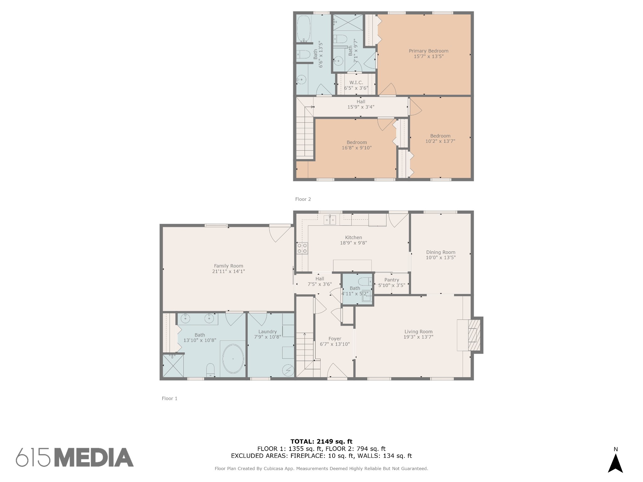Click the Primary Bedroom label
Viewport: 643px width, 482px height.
tap(428, 51)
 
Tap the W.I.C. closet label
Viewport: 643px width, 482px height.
tap(356, 83)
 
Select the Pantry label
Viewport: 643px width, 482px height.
tap(392, 280)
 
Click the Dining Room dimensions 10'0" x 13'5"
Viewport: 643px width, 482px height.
tap(440, 258)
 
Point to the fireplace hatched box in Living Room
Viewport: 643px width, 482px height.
tap(474, 335)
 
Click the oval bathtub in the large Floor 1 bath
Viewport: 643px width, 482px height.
tap(233, 359)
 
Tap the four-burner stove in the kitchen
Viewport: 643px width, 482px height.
tap(302, 248)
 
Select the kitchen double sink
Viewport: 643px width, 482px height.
tap(330, 220)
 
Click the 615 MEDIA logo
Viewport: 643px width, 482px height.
tap(75, 457)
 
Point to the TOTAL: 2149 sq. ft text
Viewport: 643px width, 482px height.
tap(321, 442)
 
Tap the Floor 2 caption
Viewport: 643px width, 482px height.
tap(303, 199)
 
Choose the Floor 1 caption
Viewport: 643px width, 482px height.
tap(170, 398)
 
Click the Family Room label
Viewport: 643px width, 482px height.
tap(229, 266)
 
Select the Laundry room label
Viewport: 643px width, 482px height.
tap(267, 331)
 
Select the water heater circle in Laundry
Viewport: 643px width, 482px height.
tap(288, 371)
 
